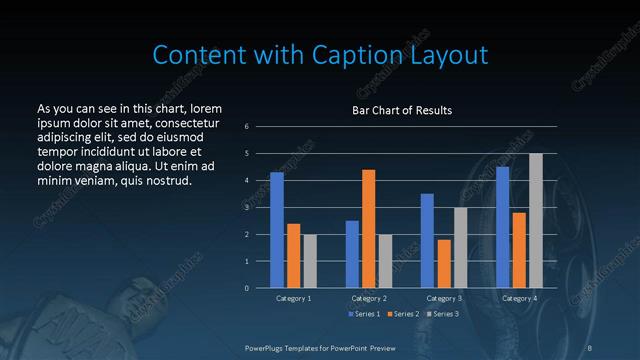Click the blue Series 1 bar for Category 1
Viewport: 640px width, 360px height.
277,230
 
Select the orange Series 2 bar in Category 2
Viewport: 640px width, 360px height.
368,229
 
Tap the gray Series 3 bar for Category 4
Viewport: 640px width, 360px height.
535,220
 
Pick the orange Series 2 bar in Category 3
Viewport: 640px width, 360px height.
444,264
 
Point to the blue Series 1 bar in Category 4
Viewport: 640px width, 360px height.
502,227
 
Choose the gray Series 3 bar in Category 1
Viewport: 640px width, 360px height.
309,261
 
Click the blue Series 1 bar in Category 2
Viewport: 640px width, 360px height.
352,254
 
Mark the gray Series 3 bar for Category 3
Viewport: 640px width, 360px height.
460,248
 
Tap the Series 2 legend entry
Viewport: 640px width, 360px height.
403,315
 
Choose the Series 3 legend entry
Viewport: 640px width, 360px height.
443,315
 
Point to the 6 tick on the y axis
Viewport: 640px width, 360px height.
247,127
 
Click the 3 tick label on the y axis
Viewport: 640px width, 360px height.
247,208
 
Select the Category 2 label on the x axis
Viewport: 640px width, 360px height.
368,298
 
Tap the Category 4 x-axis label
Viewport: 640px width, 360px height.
519,298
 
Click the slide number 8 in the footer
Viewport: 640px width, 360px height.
590,347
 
